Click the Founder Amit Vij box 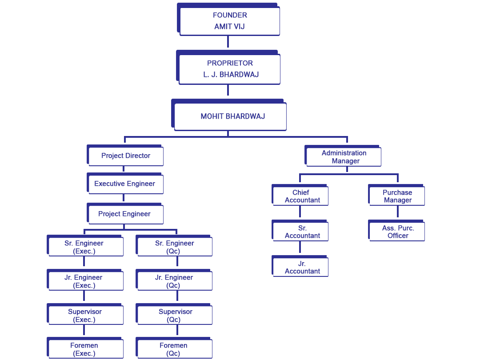(x=229, y=21)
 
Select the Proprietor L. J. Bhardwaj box (x=229, y=69)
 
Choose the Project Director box (x=126, y=156)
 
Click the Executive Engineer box (x=125, y=184)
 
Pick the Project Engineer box (x=125, y=214)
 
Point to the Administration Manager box (x=344, y=157)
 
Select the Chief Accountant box (x=301, y=196)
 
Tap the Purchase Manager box (x=397, y=196)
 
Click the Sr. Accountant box (x=301, y=232)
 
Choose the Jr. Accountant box (x=301, y=267)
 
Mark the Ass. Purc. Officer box (x=397, y=232)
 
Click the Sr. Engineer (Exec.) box (x=85, y=247)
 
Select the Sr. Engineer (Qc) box (x=175, y=247)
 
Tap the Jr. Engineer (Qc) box (x=175, y=281)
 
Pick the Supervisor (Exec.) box (x=85, y=315)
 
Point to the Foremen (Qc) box (x=175, y=349)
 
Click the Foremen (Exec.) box (x=85, y=349)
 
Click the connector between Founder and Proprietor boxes (x=228, y=42)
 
